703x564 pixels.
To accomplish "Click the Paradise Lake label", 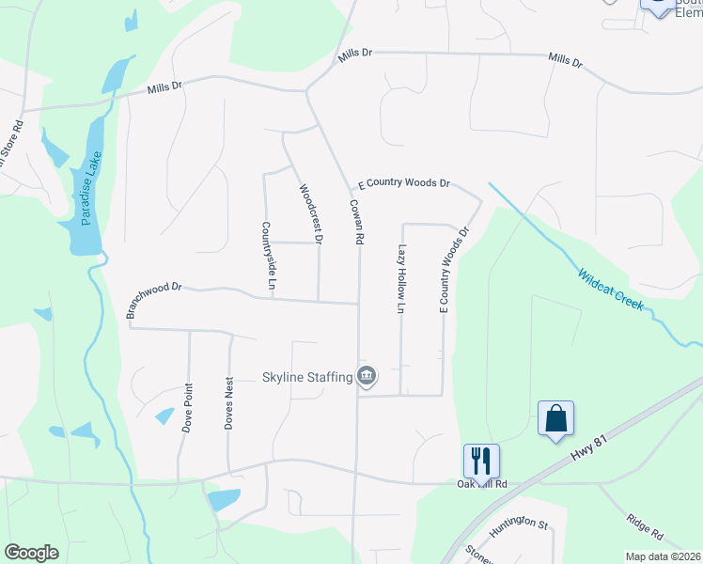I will [x=91, y=189].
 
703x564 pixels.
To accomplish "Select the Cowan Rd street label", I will [x=357, y=222].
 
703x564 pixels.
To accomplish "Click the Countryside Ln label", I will [x=268, y=255].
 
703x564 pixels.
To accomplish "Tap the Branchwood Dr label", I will [x=152, y=299].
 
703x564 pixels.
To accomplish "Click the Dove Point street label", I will [x=188, y=407].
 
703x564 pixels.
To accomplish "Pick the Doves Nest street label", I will [x=228, y=405].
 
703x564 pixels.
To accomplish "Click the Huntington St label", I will [x=518, y=523].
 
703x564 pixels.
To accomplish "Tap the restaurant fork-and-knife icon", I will [x=481, y=460].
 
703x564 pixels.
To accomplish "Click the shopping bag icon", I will [x=555, y=417].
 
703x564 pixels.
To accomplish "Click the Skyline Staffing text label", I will [x=306, y=378].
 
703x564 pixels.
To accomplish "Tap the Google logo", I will [x=31, y=553].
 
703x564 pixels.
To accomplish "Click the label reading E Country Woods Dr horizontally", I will [x=404, y=183].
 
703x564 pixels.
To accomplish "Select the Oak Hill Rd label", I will [x=482, y=484].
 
